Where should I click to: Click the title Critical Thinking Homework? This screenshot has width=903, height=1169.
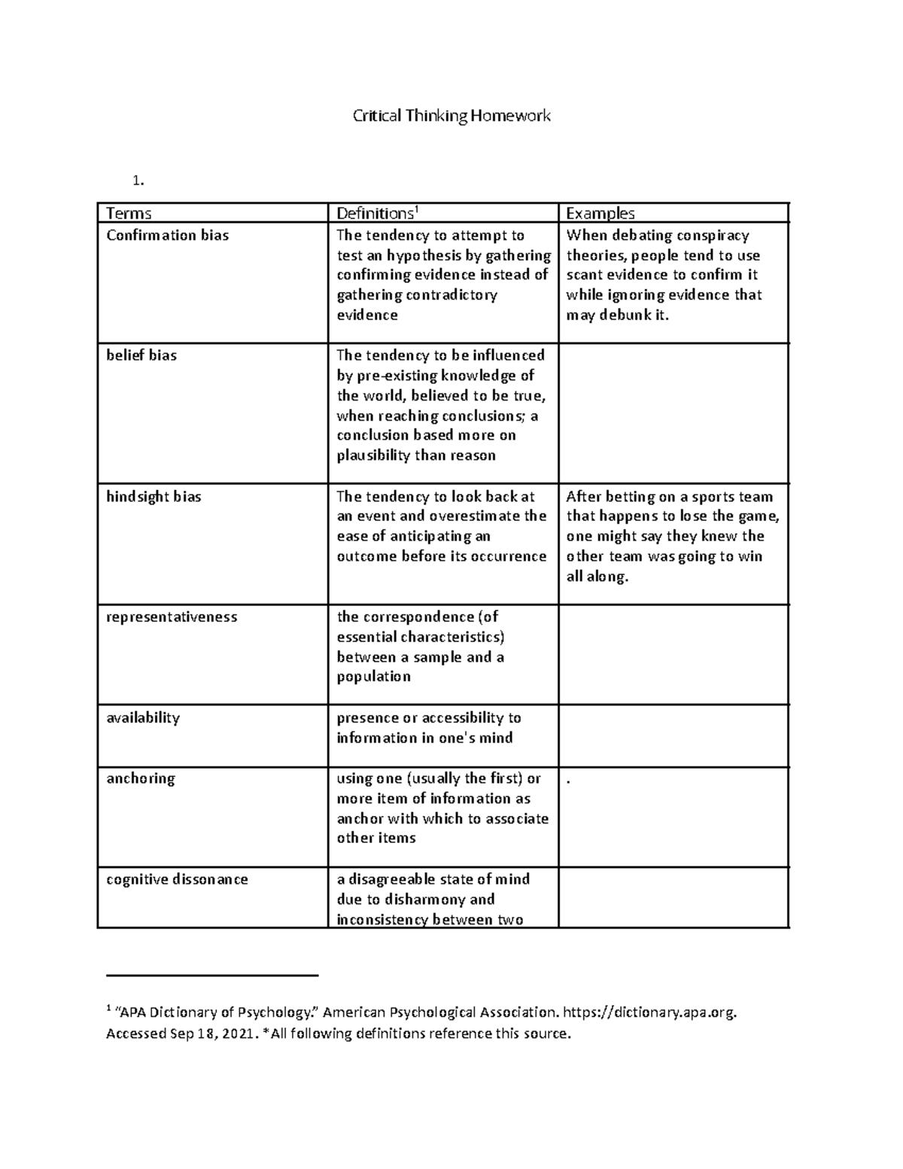[451, 116]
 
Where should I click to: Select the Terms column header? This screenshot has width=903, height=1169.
[129, 213]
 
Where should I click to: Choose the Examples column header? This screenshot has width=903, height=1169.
[600, 213]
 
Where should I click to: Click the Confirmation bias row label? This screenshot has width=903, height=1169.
[167, 235]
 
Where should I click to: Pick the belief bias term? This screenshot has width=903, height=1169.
[141, 355]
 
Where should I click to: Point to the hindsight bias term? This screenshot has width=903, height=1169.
[154, 497]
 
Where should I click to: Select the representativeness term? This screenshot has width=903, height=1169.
[172, 617]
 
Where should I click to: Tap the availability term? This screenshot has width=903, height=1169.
[143, 717]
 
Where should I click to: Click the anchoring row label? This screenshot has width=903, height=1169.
[141, 778]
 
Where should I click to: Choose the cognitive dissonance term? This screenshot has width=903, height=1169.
[177, 879]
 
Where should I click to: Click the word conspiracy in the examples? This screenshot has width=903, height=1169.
[712, 236]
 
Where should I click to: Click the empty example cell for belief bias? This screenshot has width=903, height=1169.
[673, 412]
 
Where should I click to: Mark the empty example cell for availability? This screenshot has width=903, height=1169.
[673, 735]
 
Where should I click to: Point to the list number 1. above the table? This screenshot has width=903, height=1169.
[136, 181]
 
